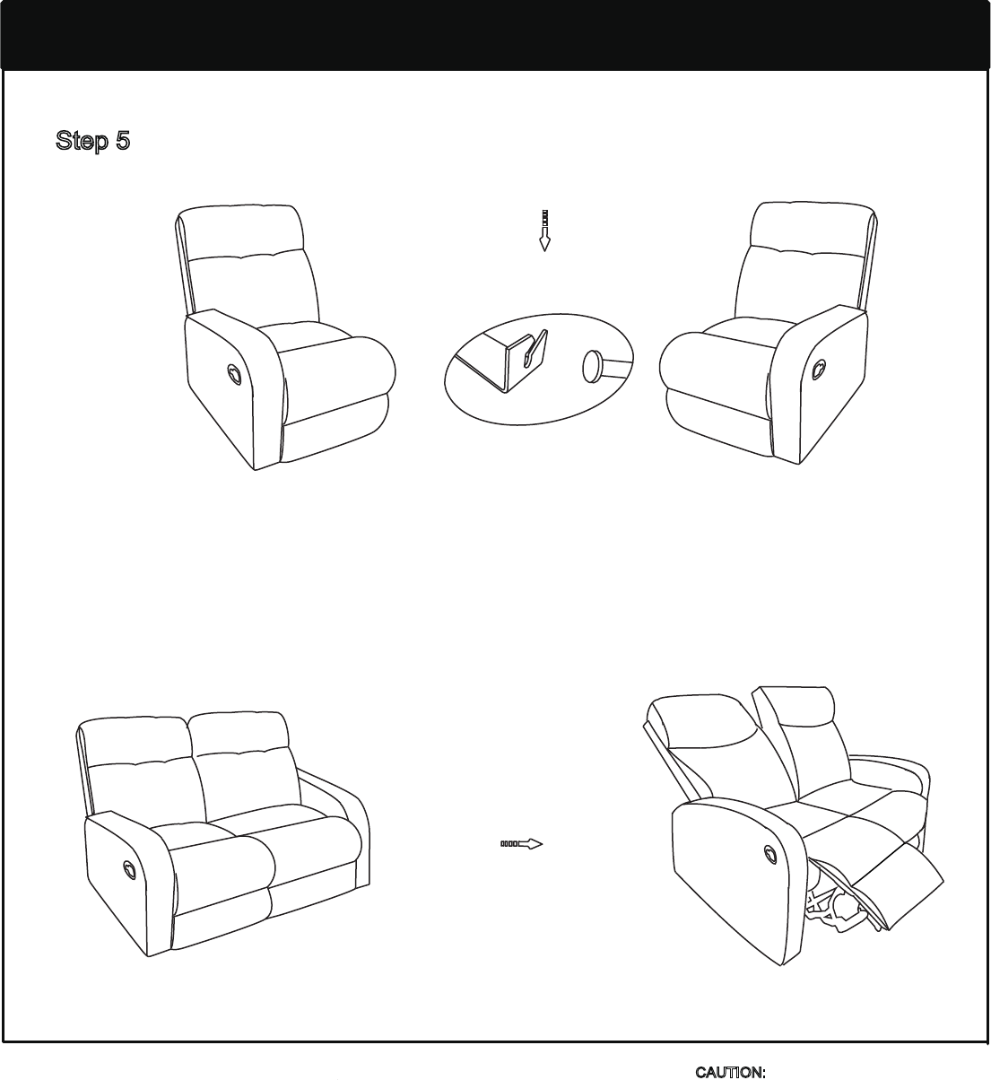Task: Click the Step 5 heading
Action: click(x=92, y=141)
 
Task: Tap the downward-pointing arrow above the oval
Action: click(x=544, y=231)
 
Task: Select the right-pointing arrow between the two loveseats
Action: click(x=522, y=844)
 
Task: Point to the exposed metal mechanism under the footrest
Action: click(x=837, y=910)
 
